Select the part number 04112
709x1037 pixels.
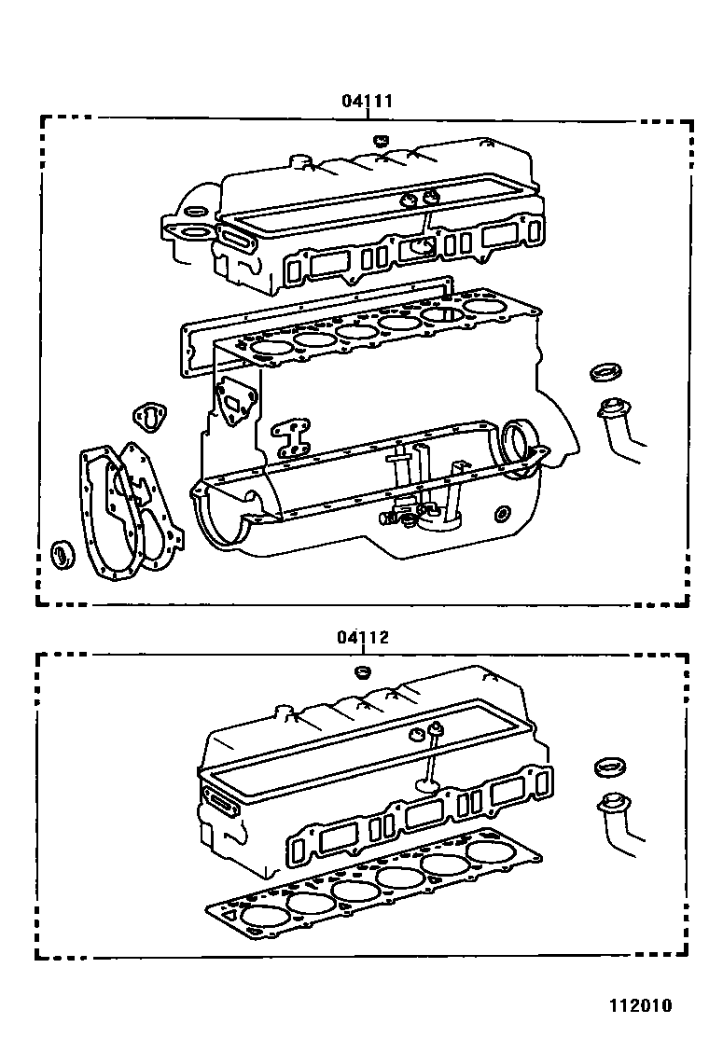point(363,639)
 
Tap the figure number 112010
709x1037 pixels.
point(641,1006)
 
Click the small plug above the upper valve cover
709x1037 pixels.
point(380,141)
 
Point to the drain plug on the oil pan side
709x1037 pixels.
point(503,513)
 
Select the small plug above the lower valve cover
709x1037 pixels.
point(362,672)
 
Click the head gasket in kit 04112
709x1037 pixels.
point(373,881)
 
